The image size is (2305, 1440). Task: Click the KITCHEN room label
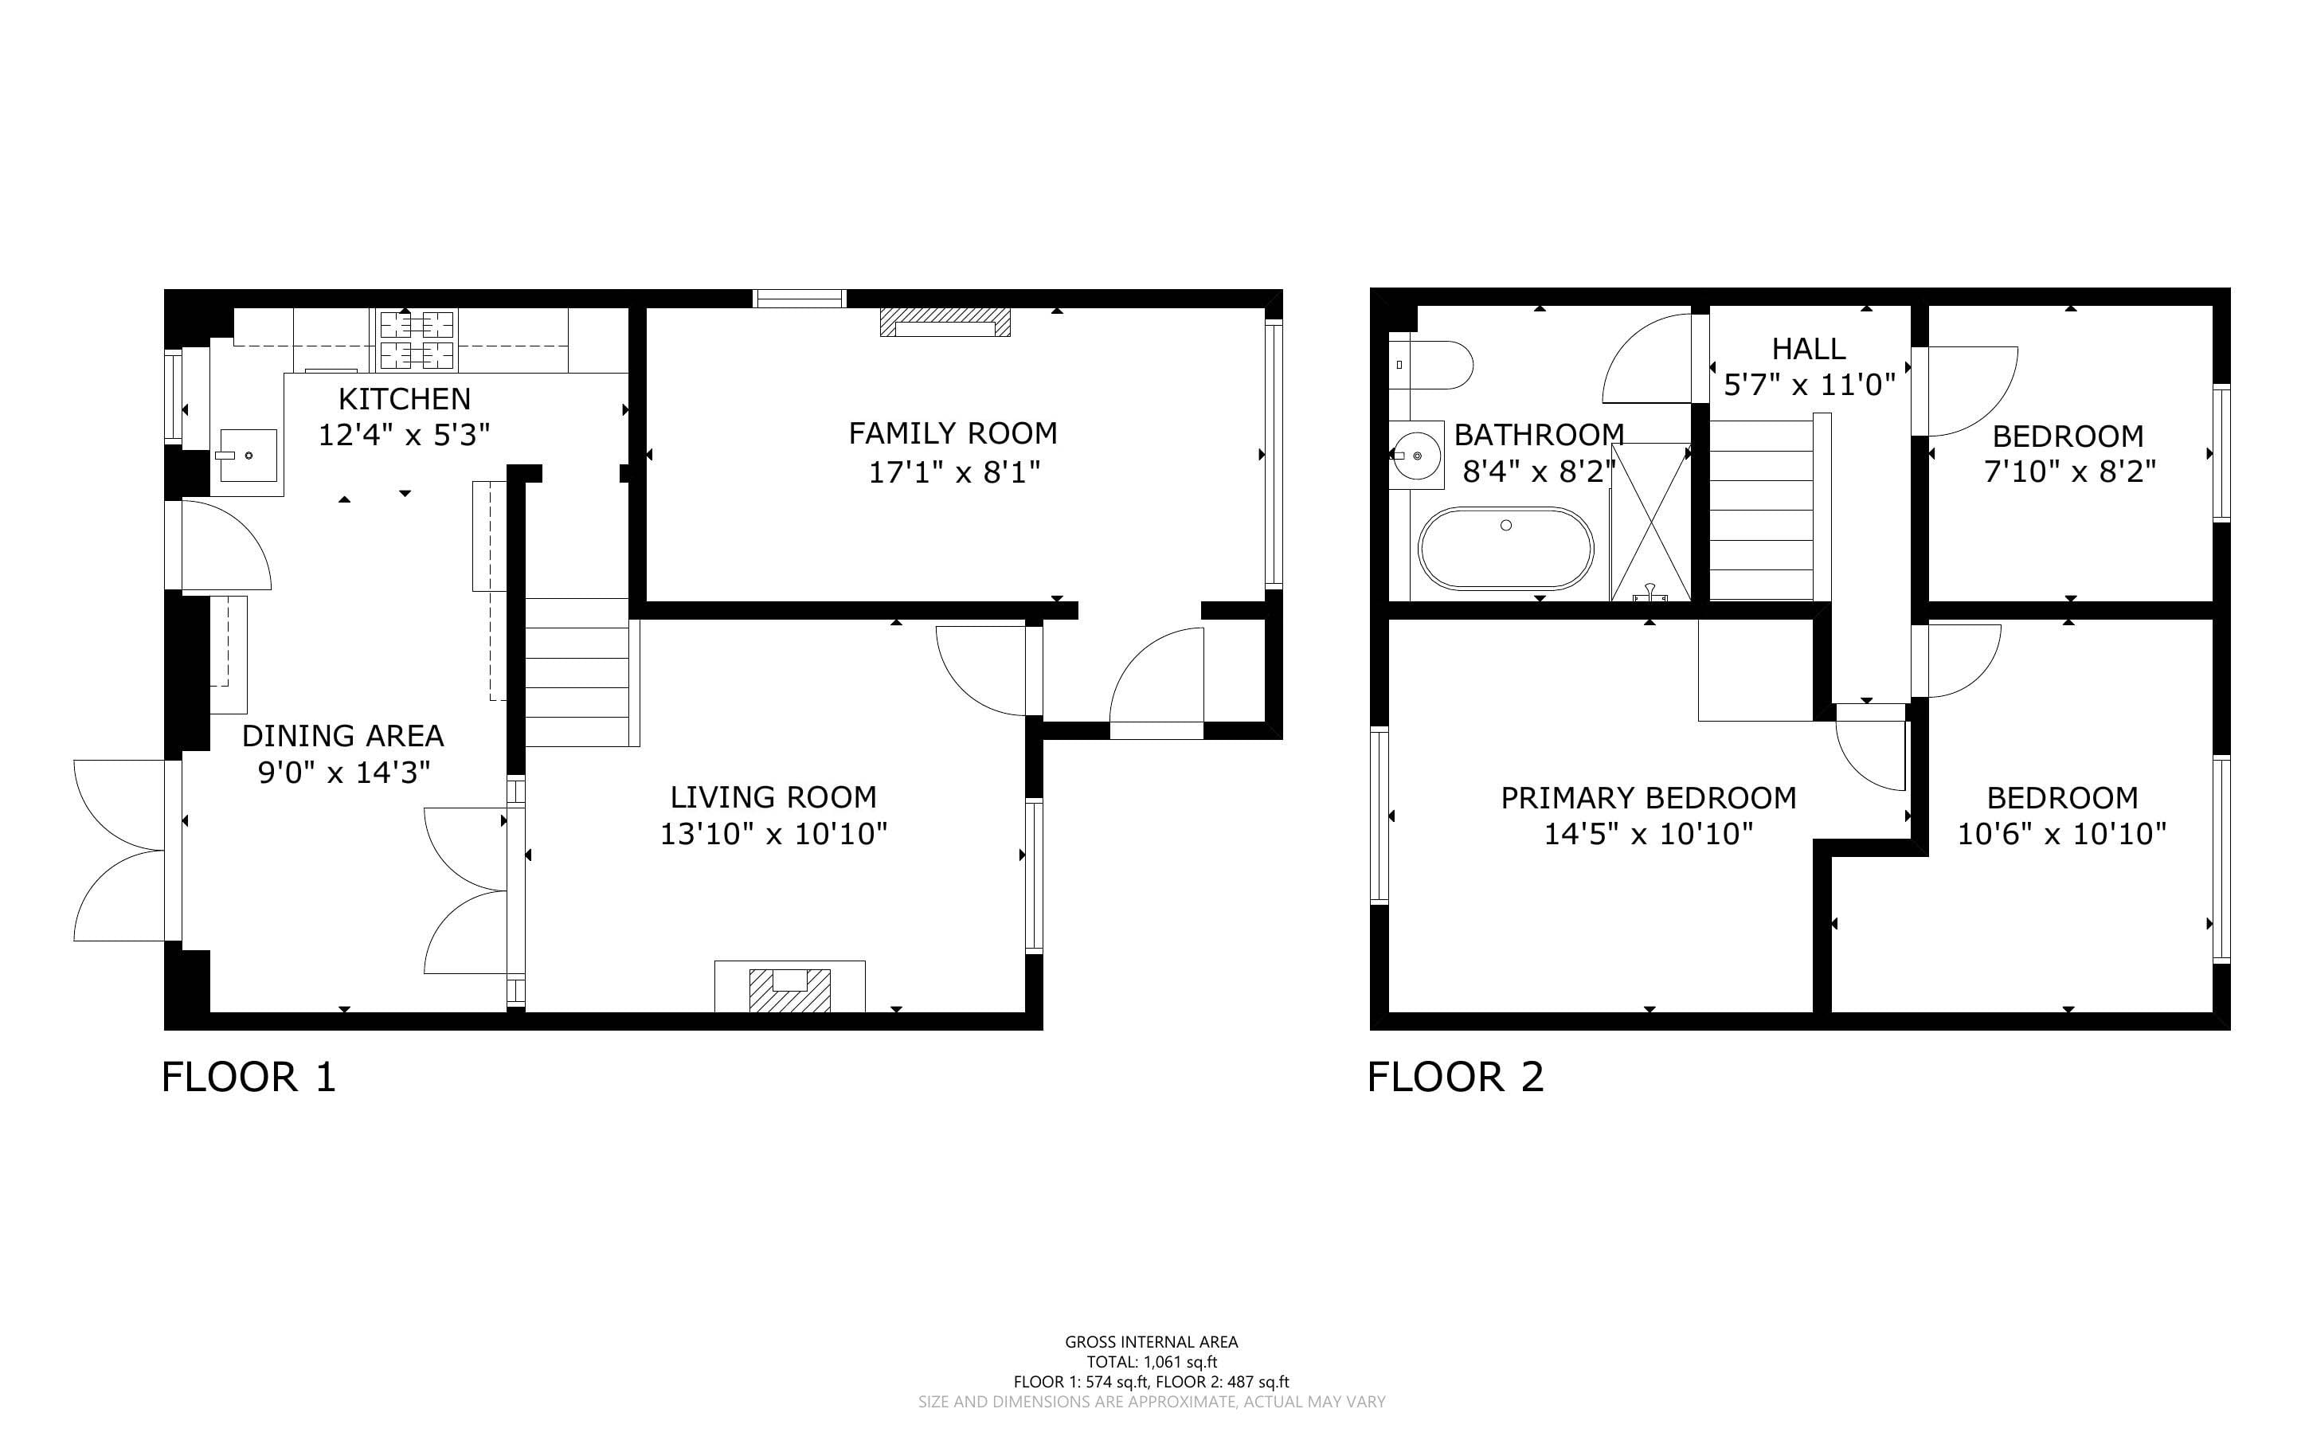pyautogui.click(x=405, y=398)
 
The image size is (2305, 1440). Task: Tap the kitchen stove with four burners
pyautogui.click(x=418, y=340)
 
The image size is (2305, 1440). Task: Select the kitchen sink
pyautogui.click(x=248, y=456)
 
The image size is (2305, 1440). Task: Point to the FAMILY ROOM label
pyautogui.click(x=953, y=433)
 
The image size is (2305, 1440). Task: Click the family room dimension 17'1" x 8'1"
pyautogui.click(x=954, y=472)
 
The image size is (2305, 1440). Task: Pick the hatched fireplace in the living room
pyautogui.click(x=790, y=989)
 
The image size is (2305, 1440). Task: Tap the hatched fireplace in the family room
pyautogui.click(x=945, y=322)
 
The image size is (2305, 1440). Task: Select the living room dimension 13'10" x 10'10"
pyautogui.click(x=774, y=833)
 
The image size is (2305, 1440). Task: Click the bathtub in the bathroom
pyautogui.click(x=1506, y=548)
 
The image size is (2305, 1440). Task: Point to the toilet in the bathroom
pyautogui.click(x=1431, y=365)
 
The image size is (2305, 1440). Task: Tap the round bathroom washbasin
pyautogui.click(x=1417, y=456)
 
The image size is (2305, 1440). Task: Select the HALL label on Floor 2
pyautogui.click(x=1809, y=349)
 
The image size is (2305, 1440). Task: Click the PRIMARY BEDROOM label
pyautogui.click(x=1649, y=797)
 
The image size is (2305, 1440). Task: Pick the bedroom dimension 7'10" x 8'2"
pyautogui.click(x=2070, y=472)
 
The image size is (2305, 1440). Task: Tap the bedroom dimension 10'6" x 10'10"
pyautogui.click(x=2062, y=833)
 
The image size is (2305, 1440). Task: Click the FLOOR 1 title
pyautogui.click(x=249, y=1077)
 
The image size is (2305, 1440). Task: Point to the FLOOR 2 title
pyautogui.click(x=1456, y=1077)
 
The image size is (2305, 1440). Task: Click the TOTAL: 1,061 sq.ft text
pyautogui.click(x=1152, y=1362)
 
